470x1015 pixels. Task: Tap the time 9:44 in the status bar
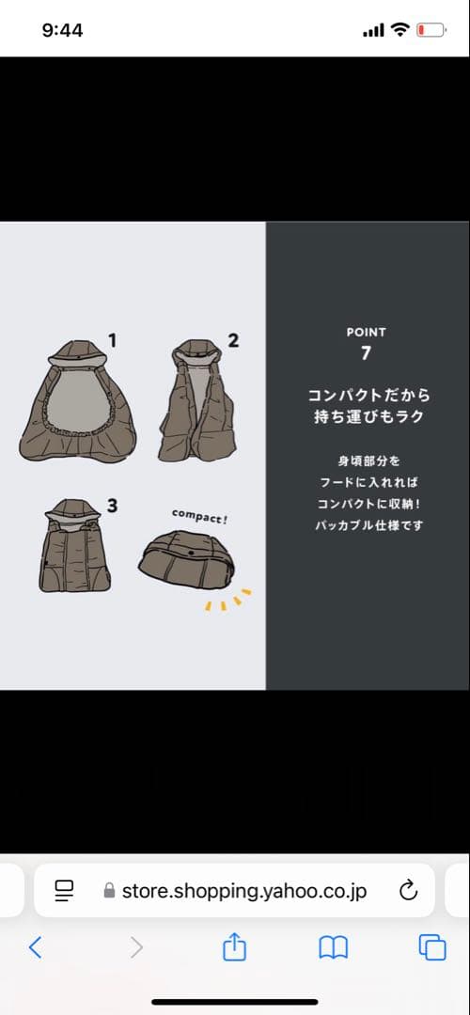[62, 30]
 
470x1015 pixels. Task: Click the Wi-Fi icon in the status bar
[400, 30]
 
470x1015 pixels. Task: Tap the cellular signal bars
[373, 31]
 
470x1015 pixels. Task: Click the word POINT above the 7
[366, 332]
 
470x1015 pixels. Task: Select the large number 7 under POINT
[366, 353]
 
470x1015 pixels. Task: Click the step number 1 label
[112, 340]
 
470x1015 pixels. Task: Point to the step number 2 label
[233, 340]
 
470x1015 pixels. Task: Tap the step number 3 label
[112, 506]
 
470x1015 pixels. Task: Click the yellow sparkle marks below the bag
[228, 600]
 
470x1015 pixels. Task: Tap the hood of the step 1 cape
[77, 351]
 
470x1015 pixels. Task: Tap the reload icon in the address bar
[408, 890]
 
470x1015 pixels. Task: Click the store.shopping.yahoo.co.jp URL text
[243, 890]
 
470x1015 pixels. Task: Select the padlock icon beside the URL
[110, 890]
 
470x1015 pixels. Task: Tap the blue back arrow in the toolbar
[36, 947]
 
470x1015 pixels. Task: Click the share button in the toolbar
[233, 947]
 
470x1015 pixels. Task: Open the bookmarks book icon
[333, 947]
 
